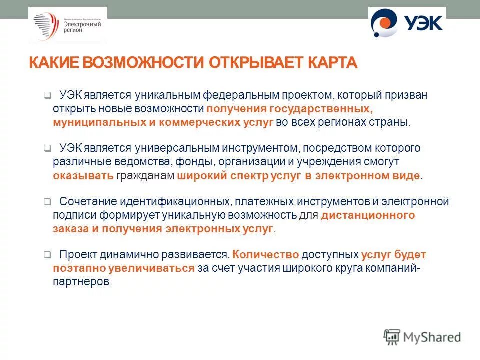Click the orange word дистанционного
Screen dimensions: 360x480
(368, 215)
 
